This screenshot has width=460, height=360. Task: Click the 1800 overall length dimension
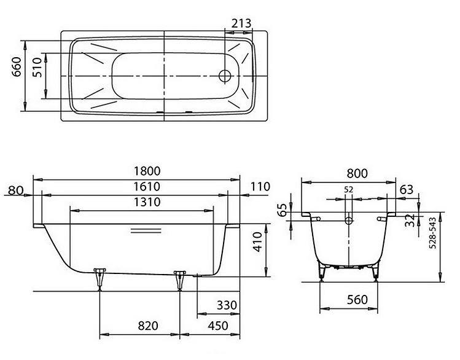[147, 171]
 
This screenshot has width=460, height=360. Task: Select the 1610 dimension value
[147, 187]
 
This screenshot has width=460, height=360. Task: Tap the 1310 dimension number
[147, 202]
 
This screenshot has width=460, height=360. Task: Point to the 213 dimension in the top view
[241, 23]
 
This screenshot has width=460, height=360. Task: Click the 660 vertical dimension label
[17, 67]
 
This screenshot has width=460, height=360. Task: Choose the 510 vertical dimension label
[37, 67]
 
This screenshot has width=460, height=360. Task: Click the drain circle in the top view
[225, 76]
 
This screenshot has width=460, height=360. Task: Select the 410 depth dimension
[257, 242]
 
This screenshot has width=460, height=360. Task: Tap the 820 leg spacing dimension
[148, 326]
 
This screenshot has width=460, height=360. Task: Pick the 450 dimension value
[218, 326]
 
